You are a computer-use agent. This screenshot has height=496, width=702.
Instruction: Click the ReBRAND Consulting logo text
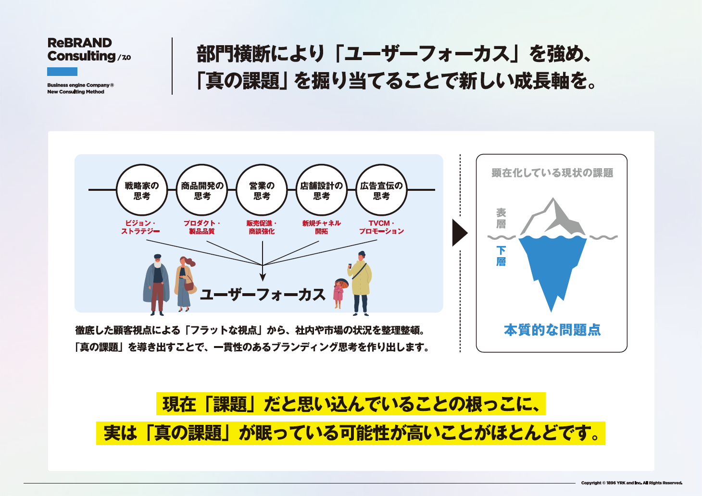click(x=82, y=50)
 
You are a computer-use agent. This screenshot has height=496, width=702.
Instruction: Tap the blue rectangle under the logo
click(x=62, y=72)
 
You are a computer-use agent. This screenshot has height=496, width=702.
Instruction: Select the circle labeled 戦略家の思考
click(x=142, y=190)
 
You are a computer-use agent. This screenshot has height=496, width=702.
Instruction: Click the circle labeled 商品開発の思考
click(x=202, y=190)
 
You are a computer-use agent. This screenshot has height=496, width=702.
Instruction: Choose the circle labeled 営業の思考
click(x=262, y=190)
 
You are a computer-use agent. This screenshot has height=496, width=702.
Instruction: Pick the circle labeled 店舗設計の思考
click(x=322, y=190)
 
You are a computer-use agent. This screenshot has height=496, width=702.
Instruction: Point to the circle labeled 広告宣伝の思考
click(x=381, y=190)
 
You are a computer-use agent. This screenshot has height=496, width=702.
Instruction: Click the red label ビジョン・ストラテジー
click(x=140, y=227)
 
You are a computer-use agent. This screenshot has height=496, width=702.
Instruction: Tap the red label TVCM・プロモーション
click(x=381, y=227)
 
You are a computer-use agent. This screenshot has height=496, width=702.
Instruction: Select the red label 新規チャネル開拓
click(x=322, y=227)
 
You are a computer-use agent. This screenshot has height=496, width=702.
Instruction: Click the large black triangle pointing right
click(x=459, y=233)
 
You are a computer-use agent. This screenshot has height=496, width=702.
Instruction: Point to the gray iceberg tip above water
click(x=554, y=219)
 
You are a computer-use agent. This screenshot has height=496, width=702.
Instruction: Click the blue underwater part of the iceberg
click(x=552, y=264)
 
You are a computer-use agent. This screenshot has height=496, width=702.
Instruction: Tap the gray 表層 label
click(x=501, y=218)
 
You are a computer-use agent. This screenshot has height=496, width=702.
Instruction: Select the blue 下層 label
click(x=501, y=256)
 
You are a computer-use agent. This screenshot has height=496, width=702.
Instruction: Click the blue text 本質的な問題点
click(x=552, y=330)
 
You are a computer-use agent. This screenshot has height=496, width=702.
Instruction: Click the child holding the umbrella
click(x=339, y=294)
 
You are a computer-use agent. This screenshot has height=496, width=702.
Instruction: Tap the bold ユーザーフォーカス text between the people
click(x=263, y=295)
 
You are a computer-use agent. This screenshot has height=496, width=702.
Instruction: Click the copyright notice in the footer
click(x=631, y=483)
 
